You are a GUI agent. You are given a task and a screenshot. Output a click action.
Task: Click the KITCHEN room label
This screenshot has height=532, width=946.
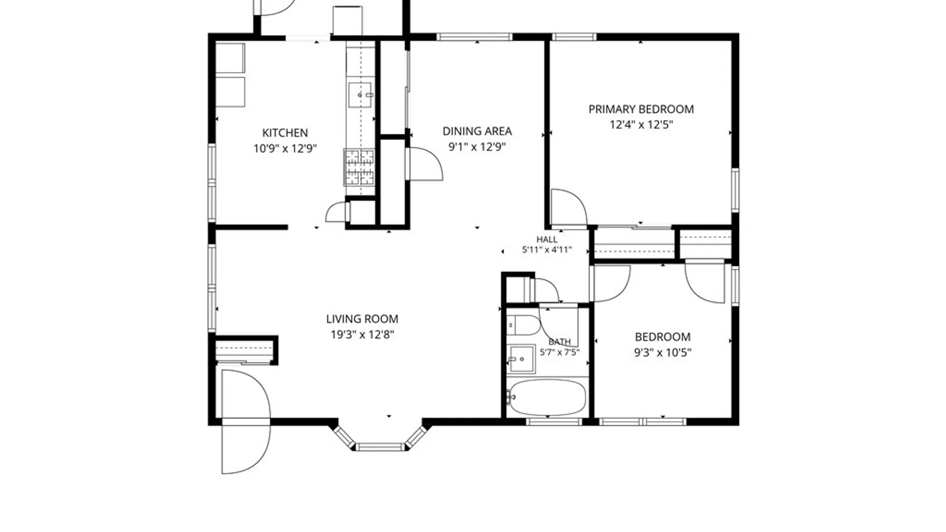click(285, 133)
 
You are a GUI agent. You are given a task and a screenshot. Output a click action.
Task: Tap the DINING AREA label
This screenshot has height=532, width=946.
click(477, 132)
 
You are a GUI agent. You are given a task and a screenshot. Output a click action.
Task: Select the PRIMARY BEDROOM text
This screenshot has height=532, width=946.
click(641, 109)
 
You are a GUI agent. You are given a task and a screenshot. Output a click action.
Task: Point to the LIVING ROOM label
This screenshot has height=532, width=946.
click(362, 319)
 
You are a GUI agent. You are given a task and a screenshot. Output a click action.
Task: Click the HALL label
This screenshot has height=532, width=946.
click(547, 239)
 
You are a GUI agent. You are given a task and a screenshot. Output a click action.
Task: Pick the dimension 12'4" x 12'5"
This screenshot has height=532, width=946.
click(641, 125)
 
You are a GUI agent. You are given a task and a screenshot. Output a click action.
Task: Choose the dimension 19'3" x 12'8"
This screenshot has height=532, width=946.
click(362, 335)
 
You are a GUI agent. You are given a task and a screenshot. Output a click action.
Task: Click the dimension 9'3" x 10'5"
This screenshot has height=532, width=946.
click(663, 353)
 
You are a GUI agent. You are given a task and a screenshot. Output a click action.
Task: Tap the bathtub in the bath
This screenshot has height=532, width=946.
click(547, 398)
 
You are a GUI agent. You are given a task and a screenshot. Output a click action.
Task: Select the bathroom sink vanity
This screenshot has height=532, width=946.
click(521, 359)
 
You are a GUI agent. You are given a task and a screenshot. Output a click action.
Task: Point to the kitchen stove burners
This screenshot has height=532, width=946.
click(359, 167)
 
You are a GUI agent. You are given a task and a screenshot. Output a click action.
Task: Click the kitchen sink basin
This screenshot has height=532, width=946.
click(360, 95)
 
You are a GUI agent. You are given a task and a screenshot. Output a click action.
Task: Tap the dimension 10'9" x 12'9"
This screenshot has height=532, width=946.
click(285, 149)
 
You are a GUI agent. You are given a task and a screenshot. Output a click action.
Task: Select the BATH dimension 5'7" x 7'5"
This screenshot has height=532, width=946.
click(560, 352)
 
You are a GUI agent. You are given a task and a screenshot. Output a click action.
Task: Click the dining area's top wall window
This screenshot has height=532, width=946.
click(474, 37)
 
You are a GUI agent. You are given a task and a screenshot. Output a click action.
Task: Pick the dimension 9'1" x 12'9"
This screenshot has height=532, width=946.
click(477, 147)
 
